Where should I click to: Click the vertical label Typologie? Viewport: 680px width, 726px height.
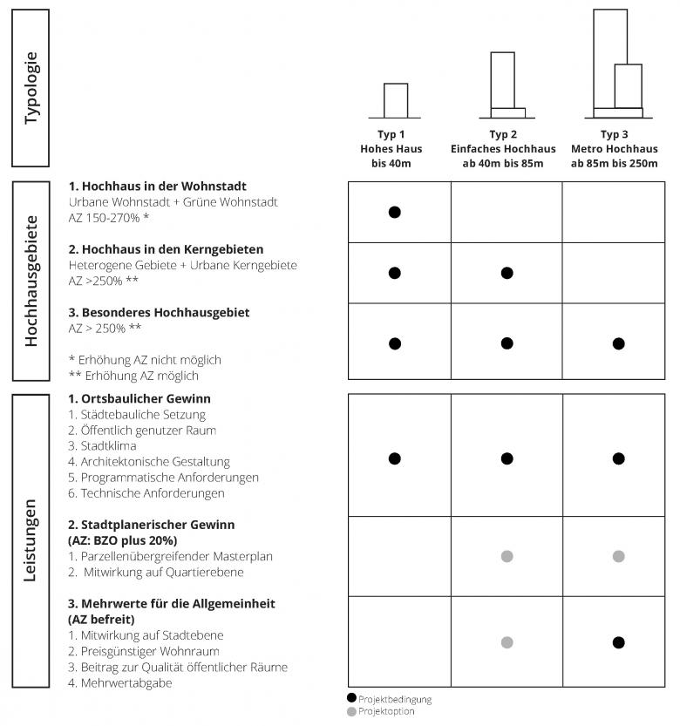31,88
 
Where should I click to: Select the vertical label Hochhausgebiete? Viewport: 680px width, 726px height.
31,282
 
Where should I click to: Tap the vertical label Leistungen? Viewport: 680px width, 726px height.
31,540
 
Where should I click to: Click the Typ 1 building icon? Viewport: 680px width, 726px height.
395,101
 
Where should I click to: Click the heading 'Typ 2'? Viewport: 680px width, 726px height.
503,134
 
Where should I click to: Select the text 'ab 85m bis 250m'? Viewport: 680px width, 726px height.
614,164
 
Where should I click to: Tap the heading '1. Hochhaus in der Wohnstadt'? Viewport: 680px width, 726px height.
157,187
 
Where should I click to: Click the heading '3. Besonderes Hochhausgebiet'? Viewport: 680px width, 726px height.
159,312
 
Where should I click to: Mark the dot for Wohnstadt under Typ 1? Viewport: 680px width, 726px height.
394,212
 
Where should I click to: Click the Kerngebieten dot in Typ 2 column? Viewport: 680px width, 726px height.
507,273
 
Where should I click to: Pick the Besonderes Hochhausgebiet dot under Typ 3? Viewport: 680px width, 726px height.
618,343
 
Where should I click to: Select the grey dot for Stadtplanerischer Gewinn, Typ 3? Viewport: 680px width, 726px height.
618,556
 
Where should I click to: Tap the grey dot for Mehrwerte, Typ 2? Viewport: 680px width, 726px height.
507,642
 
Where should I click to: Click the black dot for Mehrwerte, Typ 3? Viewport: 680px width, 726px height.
618,642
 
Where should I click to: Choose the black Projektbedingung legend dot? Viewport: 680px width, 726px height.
351,698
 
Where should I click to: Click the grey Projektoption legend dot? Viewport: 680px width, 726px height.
351,711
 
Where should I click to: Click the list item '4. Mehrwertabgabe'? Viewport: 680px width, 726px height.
119,683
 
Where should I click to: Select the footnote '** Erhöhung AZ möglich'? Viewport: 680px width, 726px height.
133,376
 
